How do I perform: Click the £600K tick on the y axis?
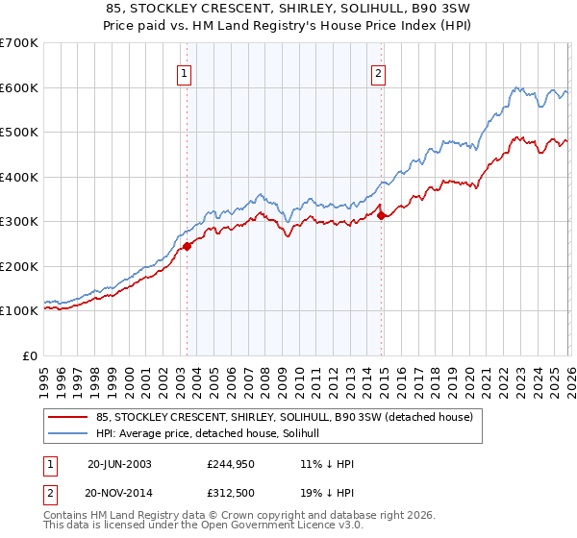18,87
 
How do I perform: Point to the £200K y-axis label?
18,266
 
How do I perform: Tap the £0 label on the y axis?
30,355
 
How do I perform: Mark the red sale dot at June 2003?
188,246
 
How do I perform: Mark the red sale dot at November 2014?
382,215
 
